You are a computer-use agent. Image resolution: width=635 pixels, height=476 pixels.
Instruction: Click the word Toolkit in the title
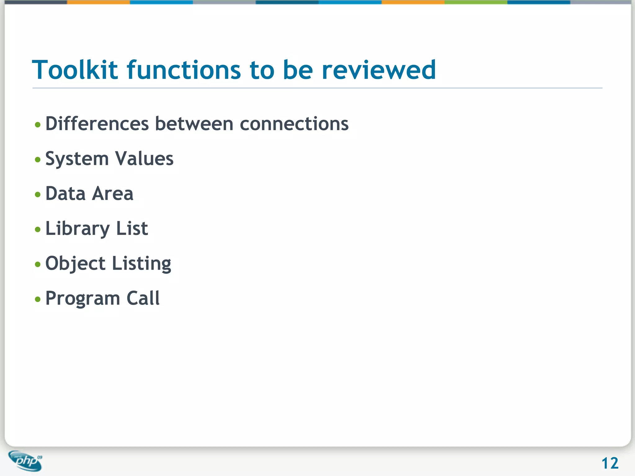(x=75, y=70)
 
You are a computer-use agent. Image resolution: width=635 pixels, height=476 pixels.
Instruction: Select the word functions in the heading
(x=184, y=70)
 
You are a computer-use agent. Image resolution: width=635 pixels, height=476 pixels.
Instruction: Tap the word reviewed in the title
(x=379, y=70)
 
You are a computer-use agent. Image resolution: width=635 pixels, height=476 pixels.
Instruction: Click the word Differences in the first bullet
(x=97, y=124)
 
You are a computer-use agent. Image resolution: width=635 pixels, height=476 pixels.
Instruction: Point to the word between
(x=194, y=124)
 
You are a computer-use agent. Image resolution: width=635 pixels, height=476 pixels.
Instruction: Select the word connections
(x=294, y=124)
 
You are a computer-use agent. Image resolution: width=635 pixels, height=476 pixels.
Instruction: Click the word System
(x=77, y=159)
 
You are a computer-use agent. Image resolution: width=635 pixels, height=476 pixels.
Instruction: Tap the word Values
(x=144, y=159)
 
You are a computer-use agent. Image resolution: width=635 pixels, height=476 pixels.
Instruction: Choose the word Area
(x=113, y=194)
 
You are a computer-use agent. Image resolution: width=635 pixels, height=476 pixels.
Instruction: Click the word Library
(x=78, y=229)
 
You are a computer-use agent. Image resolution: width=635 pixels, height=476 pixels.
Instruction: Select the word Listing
(x=141, y=264)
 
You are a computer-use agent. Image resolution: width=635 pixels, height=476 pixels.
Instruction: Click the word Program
(x=82, y=299)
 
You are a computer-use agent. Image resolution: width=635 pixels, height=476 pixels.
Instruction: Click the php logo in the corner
(x=26, y=461)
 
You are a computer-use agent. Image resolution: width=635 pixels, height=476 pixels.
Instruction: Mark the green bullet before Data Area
(x=38, y=195)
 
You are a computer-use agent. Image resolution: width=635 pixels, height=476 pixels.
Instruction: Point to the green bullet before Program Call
(x=38, y=299)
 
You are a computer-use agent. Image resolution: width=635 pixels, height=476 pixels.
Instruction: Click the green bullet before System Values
(x=38, y=160)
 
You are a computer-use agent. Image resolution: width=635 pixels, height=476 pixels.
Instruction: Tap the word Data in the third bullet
(x=65, y=194)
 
